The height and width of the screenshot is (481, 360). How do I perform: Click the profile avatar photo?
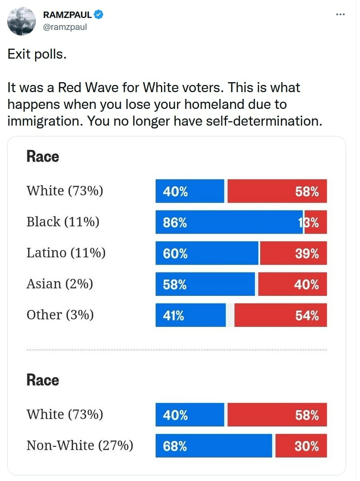click(x=22, y=21)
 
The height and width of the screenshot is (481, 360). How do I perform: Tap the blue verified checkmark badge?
click(x=98, y=15)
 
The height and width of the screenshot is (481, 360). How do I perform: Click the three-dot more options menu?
click(x=340, y=15)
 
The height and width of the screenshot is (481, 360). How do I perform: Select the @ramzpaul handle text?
click(x=65, y=27)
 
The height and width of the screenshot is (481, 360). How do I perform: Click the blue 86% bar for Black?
click(x=229, y=222)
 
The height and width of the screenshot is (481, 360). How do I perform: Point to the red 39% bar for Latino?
click(x=293, y=253)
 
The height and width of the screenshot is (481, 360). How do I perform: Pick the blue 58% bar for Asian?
click(x=205, y=284)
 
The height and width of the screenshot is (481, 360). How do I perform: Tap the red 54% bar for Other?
click(x=281, y=315)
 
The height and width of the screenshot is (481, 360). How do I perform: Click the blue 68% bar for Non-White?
click(x=214, y=446)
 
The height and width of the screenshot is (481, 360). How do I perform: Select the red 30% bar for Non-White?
click(x=301, y=446)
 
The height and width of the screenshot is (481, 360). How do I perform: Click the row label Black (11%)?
click(x=63, y=222)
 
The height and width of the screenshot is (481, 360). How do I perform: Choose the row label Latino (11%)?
click(x=66, y=253)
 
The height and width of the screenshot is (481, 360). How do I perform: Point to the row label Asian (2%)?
click(x=59, y=284)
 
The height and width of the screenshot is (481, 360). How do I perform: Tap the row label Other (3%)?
click(x=60, y=315)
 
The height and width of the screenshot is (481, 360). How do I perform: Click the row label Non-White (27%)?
click(x=80, y=446)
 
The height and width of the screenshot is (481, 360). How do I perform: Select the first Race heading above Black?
click(x=43, y=156)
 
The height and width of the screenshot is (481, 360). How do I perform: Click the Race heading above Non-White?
click(x=43, y=380)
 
